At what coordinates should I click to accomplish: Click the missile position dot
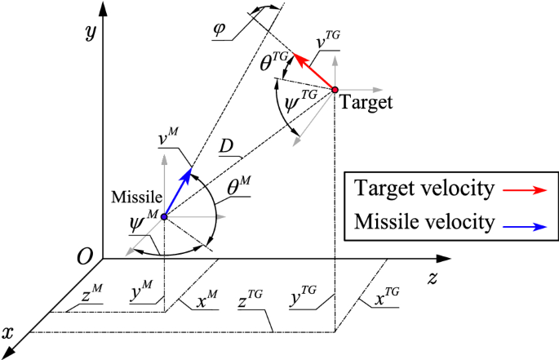[165, 217]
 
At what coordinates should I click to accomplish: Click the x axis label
[9, 332]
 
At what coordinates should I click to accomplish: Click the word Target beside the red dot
[366, 103]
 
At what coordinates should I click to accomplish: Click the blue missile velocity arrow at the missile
[178, 193]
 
